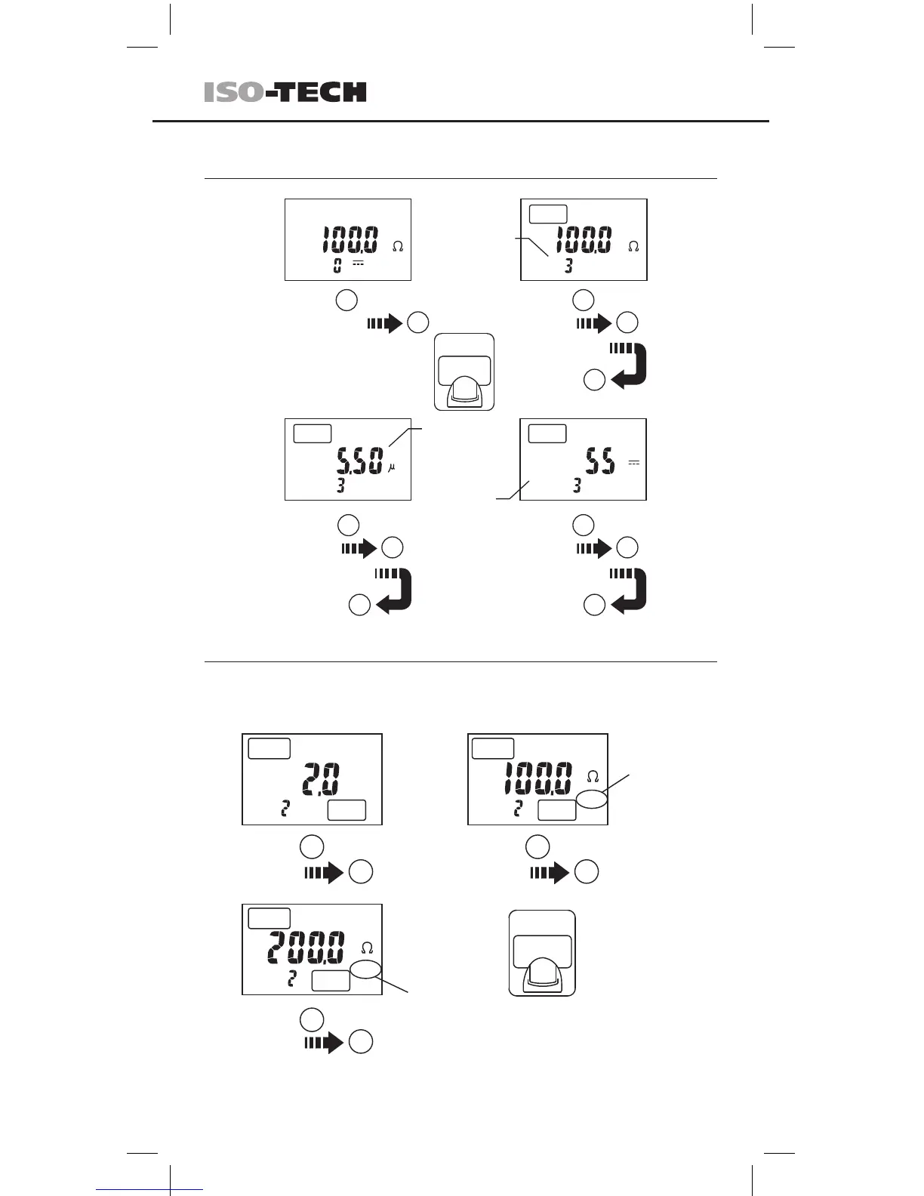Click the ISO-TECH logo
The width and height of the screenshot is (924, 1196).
click(x=285, y=92)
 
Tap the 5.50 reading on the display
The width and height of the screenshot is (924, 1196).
click(x=360, y=461)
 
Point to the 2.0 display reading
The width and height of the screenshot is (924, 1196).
click(x=321, y=779)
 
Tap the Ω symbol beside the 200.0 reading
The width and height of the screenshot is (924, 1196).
click(x=368, y=948)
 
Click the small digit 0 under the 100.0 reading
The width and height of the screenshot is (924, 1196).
click(x=337, y=265)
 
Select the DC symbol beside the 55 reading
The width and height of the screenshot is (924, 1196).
click(x=634, y=463)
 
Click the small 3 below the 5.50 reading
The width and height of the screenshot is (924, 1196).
click(x=340, y=485)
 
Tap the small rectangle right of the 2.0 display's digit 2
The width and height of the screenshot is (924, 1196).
click(x=346, y=810)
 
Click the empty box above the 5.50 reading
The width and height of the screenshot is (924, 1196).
click(x=312, y=433)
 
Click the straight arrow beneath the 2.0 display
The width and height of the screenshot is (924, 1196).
click(x=324, y=873)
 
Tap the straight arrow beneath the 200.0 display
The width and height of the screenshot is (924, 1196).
click(x=324, y=1043)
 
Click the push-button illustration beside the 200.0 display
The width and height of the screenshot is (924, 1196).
click(x=542, y=953)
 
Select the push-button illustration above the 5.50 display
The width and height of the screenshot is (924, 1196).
click(x=464, y=371)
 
